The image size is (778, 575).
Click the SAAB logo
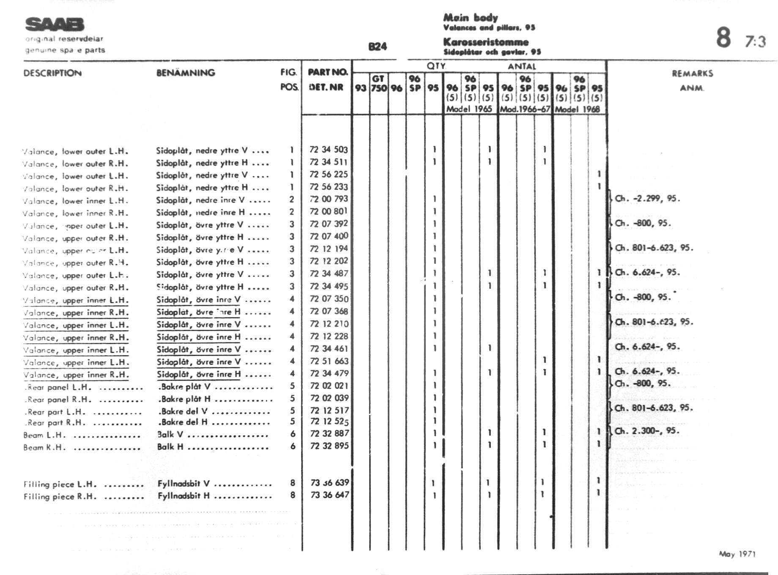[55, 25]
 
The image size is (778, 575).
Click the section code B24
[378, 47]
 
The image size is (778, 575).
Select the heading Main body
[470, 17]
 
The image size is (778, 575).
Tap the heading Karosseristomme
[486, 42]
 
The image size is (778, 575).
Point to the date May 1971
[737, 554]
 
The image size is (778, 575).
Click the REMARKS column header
[692, 74]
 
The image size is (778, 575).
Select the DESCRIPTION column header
[52, 73]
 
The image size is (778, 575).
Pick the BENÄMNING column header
[186, 73]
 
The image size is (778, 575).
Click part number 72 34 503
[329, 150]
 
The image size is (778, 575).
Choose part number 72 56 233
[329, 187]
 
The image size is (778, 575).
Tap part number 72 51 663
[329, 361]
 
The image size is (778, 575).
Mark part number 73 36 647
[329, 495]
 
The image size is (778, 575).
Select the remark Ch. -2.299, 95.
[647, 199]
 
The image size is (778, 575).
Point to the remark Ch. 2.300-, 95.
[647, 431]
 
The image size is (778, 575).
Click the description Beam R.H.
[44, 447]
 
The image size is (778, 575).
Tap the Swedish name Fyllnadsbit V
[184, 484]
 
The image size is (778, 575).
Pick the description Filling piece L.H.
[60, 485]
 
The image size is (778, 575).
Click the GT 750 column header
[379, 83]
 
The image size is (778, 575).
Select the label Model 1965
[469, 109]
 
